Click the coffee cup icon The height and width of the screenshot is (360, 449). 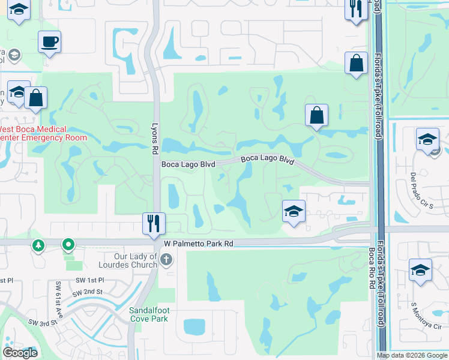[x=49, y=42]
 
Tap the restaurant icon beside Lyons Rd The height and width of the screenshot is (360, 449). [x=153, y=223]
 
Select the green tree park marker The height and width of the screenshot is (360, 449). [x=39, y=245]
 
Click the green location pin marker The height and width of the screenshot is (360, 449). [x=68, y=245]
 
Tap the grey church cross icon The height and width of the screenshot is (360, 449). [x=166, y=260]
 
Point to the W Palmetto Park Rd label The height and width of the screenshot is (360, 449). [x=198, y=244]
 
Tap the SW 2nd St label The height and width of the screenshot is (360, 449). [x=87, y=292]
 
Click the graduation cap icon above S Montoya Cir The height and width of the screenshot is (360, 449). [x=420, y=270]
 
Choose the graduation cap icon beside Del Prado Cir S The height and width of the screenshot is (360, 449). [x=427, y=139]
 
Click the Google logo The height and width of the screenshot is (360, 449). [x=20, y=353]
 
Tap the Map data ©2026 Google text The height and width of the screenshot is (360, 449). [x=411, y=355]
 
